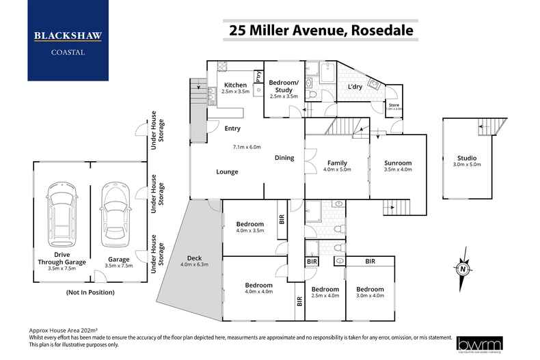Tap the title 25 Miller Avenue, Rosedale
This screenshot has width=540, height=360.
click(321, 31)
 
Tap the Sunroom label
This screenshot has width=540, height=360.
click(398, 163)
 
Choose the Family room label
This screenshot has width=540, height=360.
click(337, 163)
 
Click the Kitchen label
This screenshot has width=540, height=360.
click(235, 85)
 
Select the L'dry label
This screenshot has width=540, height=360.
click(355, 87)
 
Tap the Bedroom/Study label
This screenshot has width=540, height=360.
click(284, 86)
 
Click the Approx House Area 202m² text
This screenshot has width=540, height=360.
click(67, 329)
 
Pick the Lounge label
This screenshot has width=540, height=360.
click(228, 171)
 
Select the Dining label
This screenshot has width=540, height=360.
click(284, 158)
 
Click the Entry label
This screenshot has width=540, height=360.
click(232, 128)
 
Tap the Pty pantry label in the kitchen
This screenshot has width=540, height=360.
click(259, 77)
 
